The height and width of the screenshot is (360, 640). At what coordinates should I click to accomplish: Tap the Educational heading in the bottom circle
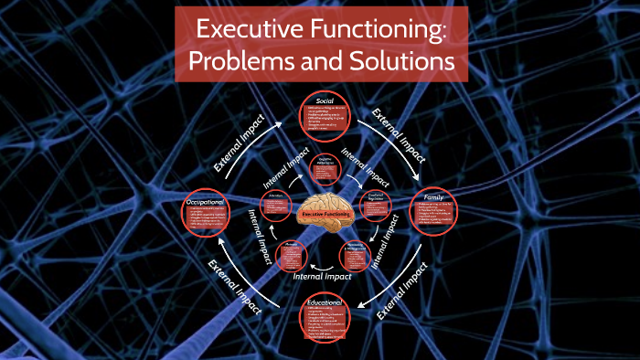coord(325,302)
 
